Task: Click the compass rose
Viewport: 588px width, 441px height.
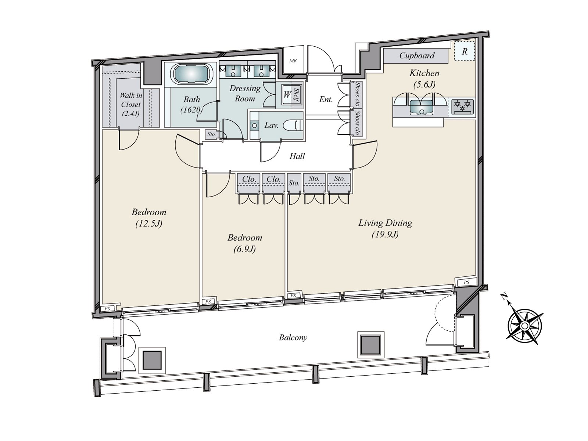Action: point(525,326)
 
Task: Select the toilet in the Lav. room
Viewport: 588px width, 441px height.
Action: point(294,126)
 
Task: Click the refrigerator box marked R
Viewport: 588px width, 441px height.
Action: point(465,51)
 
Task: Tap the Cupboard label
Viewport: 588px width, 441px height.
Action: point(417,55)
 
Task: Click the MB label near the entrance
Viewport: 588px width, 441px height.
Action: point(293,61)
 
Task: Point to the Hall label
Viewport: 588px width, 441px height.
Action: point(297,156)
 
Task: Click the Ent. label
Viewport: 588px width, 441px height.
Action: point(326,100)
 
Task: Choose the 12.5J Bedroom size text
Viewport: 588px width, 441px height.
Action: point(149,223)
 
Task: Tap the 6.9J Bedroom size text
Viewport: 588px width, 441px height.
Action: point(245,249)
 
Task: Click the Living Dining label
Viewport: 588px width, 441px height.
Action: point(385,223)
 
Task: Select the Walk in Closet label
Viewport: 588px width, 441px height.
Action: point(131,104)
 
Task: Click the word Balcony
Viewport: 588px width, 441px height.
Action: point(293,337)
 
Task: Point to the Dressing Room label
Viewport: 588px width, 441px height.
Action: point(245,93)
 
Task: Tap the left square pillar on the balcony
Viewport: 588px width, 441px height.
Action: point(152,360)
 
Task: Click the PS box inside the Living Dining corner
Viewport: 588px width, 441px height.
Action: point(466,282)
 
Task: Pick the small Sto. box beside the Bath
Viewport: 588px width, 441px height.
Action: point(211,135)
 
